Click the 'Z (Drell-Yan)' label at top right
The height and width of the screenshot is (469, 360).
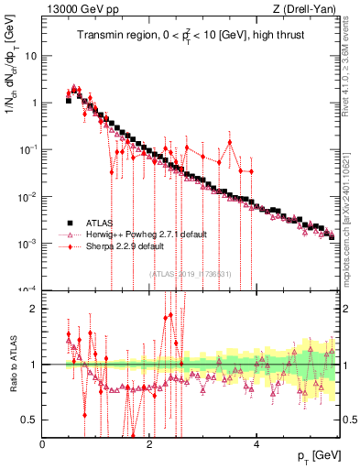306,9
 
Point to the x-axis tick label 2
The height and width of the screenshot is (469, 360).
149,445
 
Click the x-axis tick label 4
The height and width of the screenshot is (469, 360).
256,445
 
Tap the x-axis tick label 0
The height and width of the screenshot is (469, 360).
43,445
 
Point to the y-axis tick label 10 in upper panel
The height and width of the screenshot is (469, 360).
29,56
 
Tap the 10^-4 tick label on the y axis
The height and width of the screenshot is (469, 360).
27,290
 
